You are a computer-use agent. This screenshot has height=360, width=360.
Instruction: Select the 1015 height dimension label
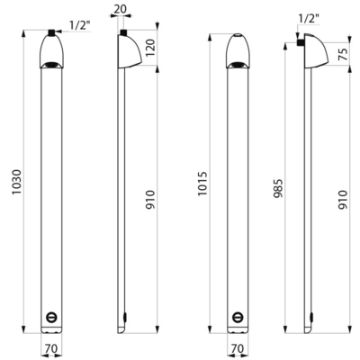[203, 183]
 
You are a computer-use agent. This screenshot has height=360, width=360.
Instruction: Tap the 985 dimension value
[278, 188]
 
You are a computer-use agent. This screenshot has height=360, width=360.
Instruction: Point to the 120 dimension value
[151, 47]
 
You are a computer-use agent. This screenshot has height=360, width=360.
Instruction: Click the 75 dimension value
[343, 53]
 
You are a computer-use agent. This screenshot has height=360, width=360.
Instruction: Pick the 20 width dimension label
[120, 9]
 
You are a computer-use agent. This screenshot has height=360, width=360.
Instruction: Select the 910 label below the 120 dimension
[151, 199]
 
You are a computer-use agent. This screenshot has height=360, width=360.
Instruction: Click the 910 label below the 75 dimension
[343, 199]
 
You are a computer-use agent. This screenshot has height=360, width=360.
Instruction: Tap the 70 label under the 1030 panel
[51, 349]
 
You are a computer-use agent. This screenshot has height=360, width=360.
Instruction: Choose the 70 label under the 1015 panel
[237, 349]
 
